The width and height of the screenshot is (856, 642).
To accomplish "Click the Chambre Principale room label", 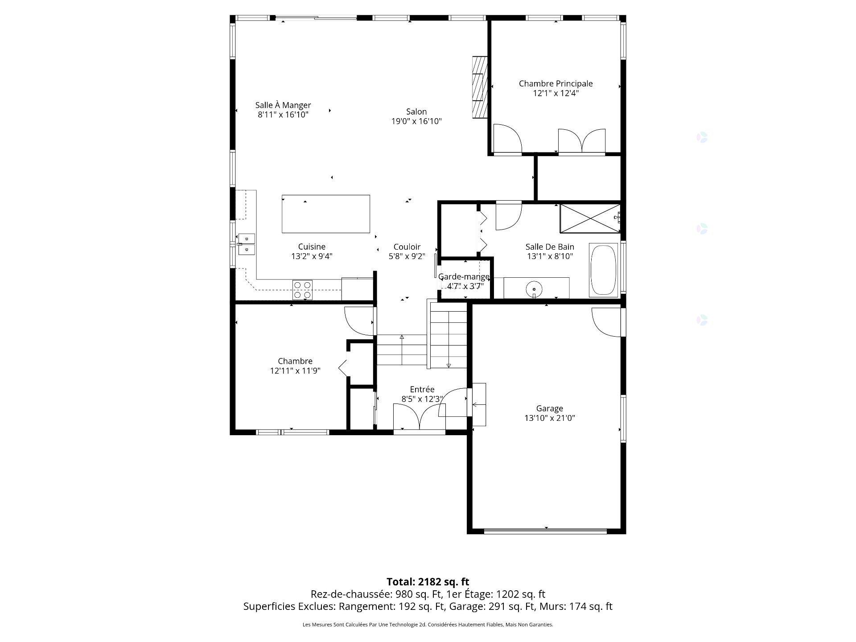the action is coord(556,83).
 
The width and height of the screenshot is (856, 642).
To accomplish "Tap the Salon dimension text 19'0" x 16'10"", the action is coord(416,121).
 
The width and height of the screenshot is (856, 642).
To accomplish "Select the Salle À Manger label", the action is coord(283,105).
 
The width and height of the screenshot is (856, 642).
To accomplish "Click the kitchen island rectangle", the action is coord(326,214).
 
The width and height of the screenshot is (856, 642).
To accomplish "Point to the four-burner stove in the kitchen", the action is coord(302,290).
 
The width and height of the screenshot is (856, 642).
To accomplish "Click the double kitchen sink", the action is coord(246,244).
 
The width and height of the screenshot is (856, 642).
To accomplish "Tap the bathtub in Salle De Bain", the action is coord(604,270).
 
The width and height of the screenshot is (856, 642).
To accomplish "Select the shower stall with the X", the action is coord(590,218).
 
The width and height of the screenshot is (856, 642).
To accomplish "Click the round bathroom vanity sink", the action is coord(534,288).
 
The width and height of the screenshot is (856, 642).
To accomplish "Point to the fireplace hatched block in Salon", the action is coord(480,87).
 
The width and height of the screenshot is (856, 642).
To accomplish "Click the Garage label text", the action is coord(550,408).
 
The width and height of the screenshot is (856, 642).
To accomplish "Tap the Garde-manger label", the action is coord(464,277).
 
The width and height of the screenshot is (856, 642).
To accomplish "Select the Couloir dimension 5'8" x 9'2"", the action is coord(407,256).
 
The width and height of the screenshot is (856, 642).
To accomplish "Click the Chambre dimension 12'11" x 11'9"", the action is coord(295,371).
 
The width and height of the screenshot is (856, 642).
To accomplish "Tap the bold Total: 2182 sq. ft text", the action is coord(428,582).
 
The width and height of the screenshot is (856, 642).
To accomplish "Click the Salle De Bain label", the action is coord(550,247).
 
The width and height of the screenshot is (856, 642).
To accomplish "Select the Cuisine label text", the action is coord(312,247).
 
